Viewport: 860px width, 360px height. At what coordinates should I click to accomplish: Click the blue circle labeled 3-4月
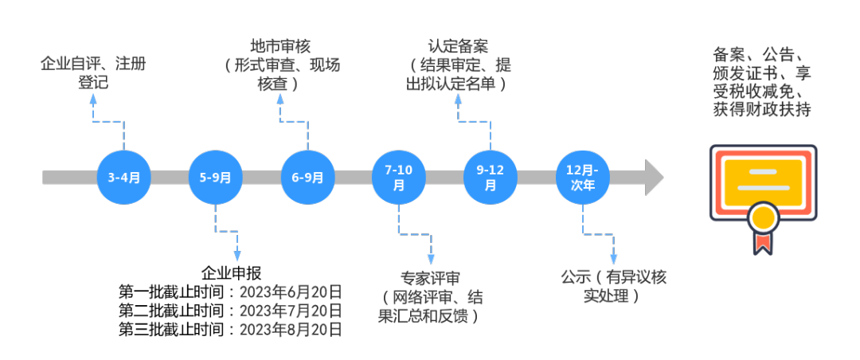pos(123,178)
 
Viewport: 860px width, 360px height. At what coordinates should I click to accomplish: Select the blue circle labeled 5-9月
pos(216,178)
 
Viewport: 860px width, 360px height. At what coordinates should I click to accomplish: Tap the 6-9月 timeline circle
pos(307,178)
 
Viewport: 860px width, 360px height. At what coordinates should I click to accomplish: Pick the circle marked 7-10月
pos(399,178)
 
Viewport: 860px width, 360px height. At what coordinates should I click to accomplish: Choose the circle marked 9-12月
pos(491,178)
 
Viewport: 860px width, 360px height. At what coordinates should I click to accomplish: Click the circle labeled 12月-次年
pos(583,178)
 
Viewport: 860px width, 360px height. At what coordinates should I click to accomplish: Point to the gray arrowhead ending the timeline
pos(655,178)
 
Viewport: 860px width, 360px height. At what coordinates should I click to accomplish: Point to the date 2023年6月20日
pos(291,291)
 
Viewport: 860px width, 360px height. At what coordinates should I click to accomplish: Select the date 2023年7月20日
pos(291,310)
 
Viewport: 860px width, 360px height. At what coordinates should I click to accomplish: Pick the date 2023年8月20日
pos(291,329)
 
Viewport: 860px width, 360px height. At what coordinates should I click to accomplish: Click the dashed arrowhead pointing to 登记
pos(92,99)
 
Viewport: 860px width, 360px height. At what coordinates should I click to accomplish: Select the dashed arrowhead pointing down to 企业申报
pos(237,255)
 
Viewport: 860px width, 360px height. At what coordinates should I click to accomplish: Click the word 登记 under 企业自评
pos(93,83)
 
